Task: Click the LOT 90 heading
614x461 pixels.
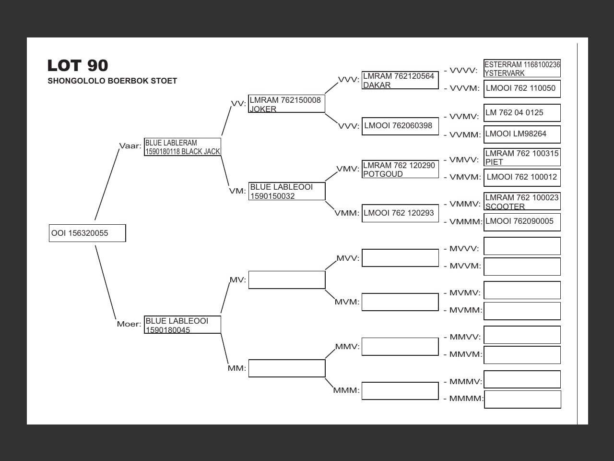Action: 78,65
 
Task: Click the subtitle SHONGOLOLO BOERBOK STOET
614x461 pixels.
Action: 112,81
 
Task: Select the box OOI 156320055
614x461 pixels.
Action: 87,233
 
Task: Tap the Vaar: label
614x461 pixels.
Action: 130,146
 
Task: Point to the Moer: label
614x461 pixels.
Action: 129,324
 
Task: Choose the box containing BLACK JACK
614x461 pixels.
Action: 182,147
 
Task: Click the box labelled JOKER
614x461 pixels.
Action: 287,104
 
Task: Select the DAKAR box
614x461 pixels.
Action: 400,80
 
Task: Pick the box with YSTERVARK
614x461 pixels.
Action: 522,68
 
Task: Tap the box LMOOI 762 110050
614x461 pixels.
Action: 522,89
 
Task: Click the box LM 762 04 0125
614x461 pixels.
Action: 522,113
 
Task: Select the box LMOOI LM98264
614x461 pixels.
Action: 522,134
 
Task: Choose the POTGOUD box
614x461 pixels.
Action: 400,169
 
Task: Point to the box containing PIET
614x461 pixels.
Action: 522,158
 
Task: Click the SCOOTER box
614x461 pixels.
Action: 522,201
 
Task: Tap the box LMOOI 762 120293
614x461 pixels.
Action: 400,213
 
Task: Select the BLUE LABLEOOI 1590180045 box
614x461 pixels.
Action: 182,325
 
